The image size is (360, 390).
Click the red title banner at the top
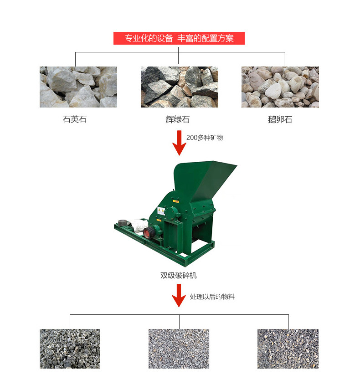click(x=179, y=38)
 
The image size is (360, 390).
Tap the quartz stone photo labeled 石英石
click(x=78, y=87)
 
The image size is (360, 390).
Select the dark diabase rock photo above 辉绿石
click(x=180, y=87)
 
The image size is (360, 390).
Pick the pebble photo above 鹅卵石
click(x=280, y=87)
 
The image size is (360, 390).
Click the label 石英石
click(x=75, y=119)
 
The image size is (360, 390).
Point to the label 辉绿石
click(x=178, y=120)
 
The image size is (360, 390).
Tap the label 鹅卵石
click(x=280, y=120)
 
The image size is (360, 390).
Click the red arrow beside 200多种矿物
click(x=179, y=143)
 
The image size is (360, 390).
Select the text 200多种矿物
click(x=205, y=138)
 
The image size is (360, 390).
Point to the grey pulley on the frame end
click(x=123, y=223)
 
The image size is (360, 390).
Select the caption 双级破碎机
click(x=179, y=275)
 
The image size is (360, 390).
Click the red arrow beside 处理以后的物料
click(x=179, y=295)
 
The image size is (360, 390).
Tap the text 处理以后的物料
click(x=212, y=297)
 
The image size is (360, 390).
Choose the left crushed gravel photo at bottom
click(x=70, y=349)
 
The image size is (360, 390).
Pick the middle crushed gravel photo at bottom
click(x=179, y=349)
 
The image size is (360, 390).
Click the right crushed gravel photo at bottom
click(x=288, y=349)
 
